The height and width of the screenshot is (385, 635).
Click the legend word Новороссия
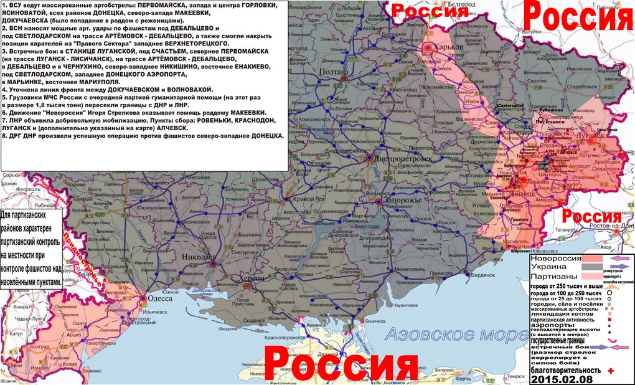tap(554, 259)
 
